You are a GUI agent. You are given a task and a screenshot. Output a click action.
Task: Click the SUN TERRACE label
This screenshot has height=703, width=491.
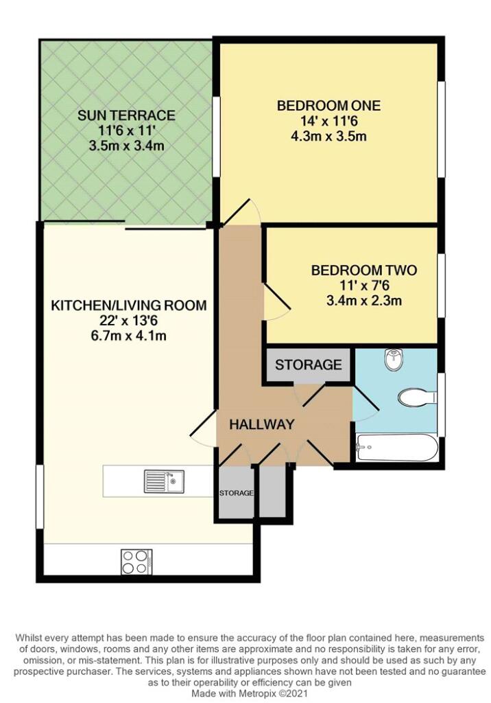tap(126, 115)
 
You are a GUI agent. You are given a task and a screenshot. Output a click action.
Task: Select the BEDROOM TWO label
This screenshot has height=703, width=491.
tap(363, 270)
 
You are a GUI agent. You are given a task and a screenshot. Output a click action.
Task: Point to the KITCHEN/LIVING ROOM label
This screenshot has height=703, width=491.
tap(129, 306)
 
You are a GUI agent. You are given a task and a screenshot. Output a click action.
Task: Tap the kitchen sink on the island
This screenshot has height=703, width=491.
tap(163, 481)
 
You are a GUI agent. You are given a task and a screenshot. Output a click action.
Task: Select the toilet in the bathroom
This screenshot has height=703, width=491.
tap(415, 397)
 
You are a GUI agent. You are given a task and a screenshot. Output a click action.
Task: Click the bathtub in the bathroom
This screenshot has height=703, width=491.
tap(396, 450)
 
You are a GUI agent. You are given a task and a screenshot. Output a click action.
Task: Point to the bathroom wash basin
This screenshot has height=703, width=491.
tap(394, 359)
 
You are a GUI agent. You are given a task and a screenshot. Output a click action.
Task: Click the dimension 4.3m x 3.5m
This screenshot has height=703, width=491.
tap(328, 136)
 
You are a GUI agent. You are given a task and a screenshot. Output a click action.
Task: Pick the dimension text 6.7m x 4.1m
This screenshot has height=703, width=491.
tap(129, 336)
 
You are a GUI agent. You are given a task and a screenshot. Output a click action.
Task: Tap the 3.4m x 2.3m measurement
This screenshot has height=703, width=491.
tap(363, 300)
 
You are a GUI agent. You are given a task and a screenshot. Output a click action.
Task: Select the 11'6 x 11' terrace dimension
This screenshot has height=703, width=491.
tap(126, 130)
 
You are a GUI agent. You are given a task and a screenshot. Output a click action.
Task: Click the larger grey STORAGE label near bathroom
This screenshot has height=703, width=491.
tap(308, 365)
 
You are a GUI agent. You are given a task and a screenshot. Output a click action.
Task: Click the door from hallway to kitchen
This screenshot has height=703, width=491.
tap(202, 431)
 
